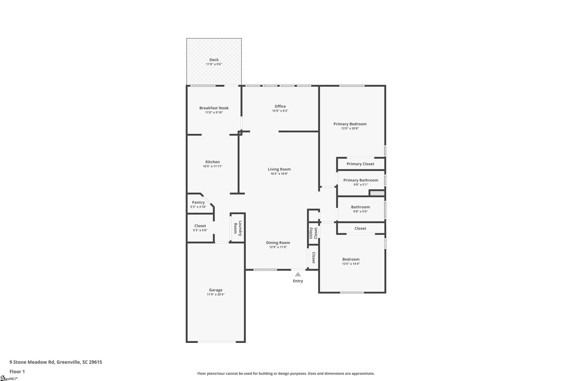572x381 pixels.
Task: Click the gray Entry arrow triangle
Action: click(298, 274)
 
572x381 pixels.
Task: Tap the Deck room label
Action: click(214, 60)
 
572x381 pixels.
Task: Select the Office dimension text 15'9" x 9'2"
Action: click(280, 111)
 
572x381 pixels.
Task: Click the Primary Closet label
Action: click(360, 164)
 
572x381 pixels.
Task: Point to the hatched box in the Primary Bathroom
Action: click(377, 193)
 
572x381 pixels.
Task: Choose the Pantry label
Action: click(198, 202)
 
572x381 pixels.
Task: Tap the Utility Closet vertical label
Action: click(313, 233)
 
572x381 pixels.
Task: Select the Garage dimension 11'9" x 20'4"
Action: click(216, 294)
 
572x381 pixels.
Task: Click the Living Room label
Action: click(279, 169)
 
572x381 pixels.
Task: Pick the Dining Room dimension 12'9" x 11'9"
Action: click(278, 247)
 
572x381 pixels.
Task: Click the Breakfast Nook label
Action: click(214, 108)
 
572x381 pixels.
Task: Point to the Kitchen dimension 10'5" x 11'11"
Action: click(212, 166)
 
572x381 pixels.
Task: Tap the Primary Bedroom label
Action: click(350, 124)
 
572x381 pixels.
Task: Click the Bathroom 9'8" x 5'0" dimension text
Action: click(360, 212)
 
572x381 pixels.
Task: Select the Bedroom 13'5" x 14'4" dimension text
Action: click(351, 264)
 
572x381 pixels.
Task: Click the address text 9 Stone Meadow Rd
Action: click(32, 362)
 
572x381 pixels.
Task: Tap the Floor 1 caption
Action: click(17, 371)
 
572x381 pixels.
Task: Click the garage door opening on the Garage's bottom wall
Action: click(217, 342)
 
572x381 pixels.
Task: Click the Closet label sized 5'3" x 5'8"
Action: click(200, 226)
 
